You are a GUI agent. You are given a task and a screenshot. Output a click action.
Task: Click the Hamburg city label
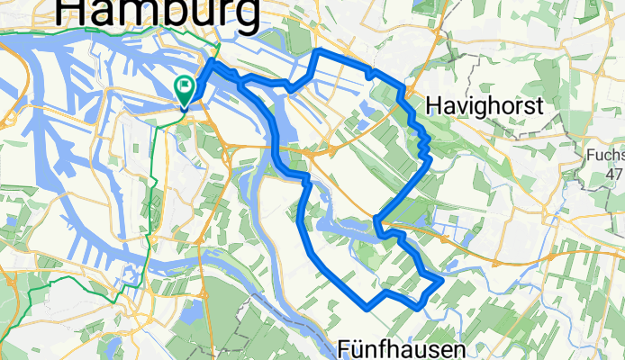(159, 13)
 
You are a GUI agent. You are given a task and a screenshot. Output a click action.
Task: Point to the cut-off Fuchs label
(604, 155)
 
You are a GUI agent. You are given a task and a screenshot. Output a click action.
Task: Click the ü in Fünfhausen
(361, 348)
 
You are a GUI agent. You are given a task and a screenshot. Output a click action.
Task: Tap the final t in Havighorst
(539, 106)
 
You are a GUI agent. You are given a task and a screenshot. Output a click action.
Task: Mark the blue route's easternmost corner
(442, 281)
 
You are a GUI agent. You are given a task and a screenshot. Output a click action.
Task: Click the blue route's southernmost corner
(367, 307)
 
